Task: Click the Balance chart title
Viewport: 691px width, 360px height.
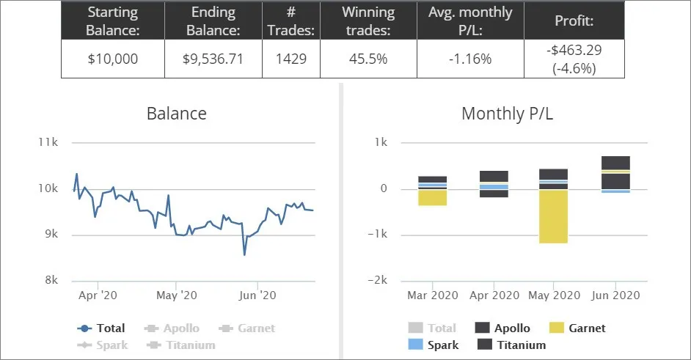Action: [177, 114]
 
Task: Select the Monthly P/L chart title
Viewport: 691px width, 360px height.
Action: [513, 114]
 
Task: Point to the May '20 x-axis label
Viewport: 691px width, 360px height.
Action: [177, 295]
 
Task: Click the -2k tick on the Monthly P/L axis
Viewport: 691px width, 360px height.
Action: [376, 281]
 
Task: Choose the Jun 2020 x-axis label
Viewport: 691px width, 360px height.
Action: [615, 295]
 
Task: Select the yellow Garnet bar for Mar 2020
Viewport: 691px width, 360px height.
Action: [433, 197]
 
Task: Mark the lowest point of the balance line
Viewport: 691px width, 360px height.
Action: [244, 254]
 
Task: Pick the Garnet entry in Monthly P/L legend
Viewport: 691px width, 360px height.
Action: [577, 328]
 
